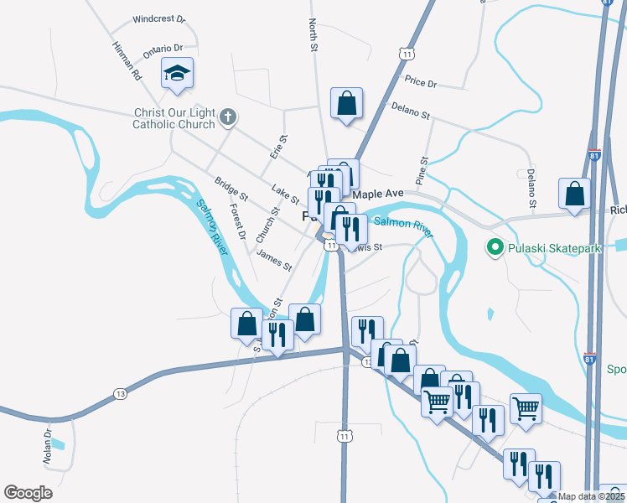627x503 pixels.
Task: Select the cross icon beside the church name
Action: click(x=227, y=118)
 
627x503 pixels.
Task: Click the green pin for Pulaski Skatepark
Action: click(x=495, y=247)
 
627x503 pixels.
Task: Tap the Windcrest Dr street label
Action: click(x=158, y=18)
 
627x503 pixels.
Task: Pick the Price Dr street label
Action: click(x=421, y=83)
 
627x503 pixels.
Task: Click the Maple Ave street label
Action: click(x=378, y=194)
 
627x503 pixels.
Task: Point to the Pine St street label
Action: click(x=422, y=170)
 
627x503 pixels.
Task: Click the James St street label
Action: click(x=274, y=261)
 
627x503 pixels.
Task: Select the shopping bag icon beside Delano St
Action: click(x=346, y=105)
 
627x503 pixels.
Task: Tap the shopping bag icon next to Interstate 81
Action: click(x=575, y=194)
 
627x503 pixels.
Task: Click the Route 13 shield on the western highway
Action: click(x=121, y=394)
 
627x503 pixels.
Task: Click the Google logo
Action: click(x=28, y=493)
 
